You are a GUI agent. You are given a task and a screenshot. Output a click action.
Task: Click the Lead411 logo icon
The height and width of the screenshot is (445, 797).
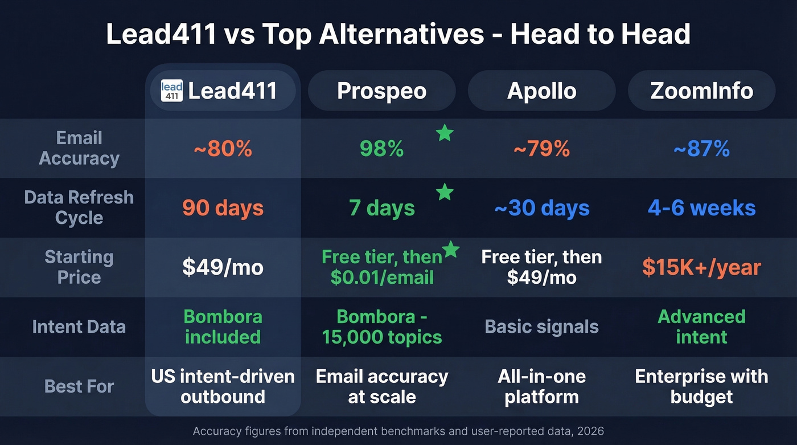[172, 91]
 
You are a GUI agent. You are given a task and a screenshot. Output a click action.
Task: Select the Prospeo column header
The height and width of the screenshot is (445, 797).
[381, 91]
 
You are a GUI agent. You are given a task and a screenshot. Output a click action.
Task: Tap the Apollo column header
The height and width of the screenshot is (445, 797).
[541, 91]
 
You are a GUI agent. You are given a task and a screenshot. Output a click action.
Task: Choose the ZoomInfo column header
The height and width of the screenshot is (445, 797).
[701, 91]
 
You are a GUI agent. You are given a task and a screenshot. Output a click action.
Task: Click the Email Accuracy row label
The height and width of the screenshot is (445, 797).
[79, 148]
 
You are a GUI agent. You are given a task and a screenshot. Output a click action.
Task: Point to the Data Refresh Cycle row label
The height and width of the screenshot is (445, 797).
[79, 207]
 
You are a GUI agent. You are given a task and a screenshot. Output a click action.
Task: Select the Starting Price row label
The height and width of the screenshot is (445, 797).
[79, 267]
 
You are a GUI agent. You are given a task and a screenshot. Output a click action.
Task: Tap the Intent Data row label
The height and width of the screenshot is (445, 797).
[79, 326]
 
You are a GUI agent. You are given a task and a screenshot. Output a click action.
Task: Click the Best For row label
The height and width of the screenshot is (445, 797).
[79, 386]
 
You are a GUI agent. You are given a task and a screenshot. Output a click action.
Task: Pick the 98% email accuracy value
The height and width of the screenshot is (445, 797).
[381, 149]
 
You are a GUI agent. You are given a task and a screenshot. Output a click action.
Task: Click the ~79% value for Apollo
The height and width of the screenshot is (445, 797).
[541, 149]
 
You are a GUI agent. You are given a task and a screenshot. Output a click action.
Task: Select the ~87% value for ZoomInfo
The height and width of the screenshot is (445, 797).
[701, 149]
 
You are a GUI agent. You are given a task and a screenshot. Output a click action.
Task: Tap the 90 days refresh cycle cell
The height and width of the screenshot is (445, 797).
[223, 208]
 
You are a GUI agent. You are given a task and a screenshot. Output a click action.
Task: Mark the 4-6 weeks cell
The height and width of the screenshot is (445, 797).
[701, 208]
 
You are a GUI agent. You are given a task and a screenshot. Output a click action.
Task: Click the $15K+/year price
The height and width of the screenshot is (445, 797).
[701, 267]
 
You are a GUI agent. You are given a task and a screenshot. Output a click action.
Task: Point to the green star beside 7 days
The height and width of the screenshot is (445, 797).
[445, 193]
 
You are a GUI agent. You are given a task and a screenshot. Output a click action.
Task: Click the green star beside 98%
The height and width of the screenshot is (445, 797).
[445, 133]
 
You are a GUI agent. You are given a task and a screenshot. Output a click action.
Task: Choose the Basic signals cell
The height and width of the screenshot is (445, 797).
[541, 326]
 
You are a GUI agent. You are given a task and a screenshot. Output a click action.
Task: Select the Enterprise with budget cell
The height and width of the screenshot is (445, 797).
[701, 386]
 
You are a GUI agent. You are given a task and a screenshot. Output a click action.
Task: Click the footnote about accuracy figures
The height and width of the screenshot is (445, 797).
[398, 431]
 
